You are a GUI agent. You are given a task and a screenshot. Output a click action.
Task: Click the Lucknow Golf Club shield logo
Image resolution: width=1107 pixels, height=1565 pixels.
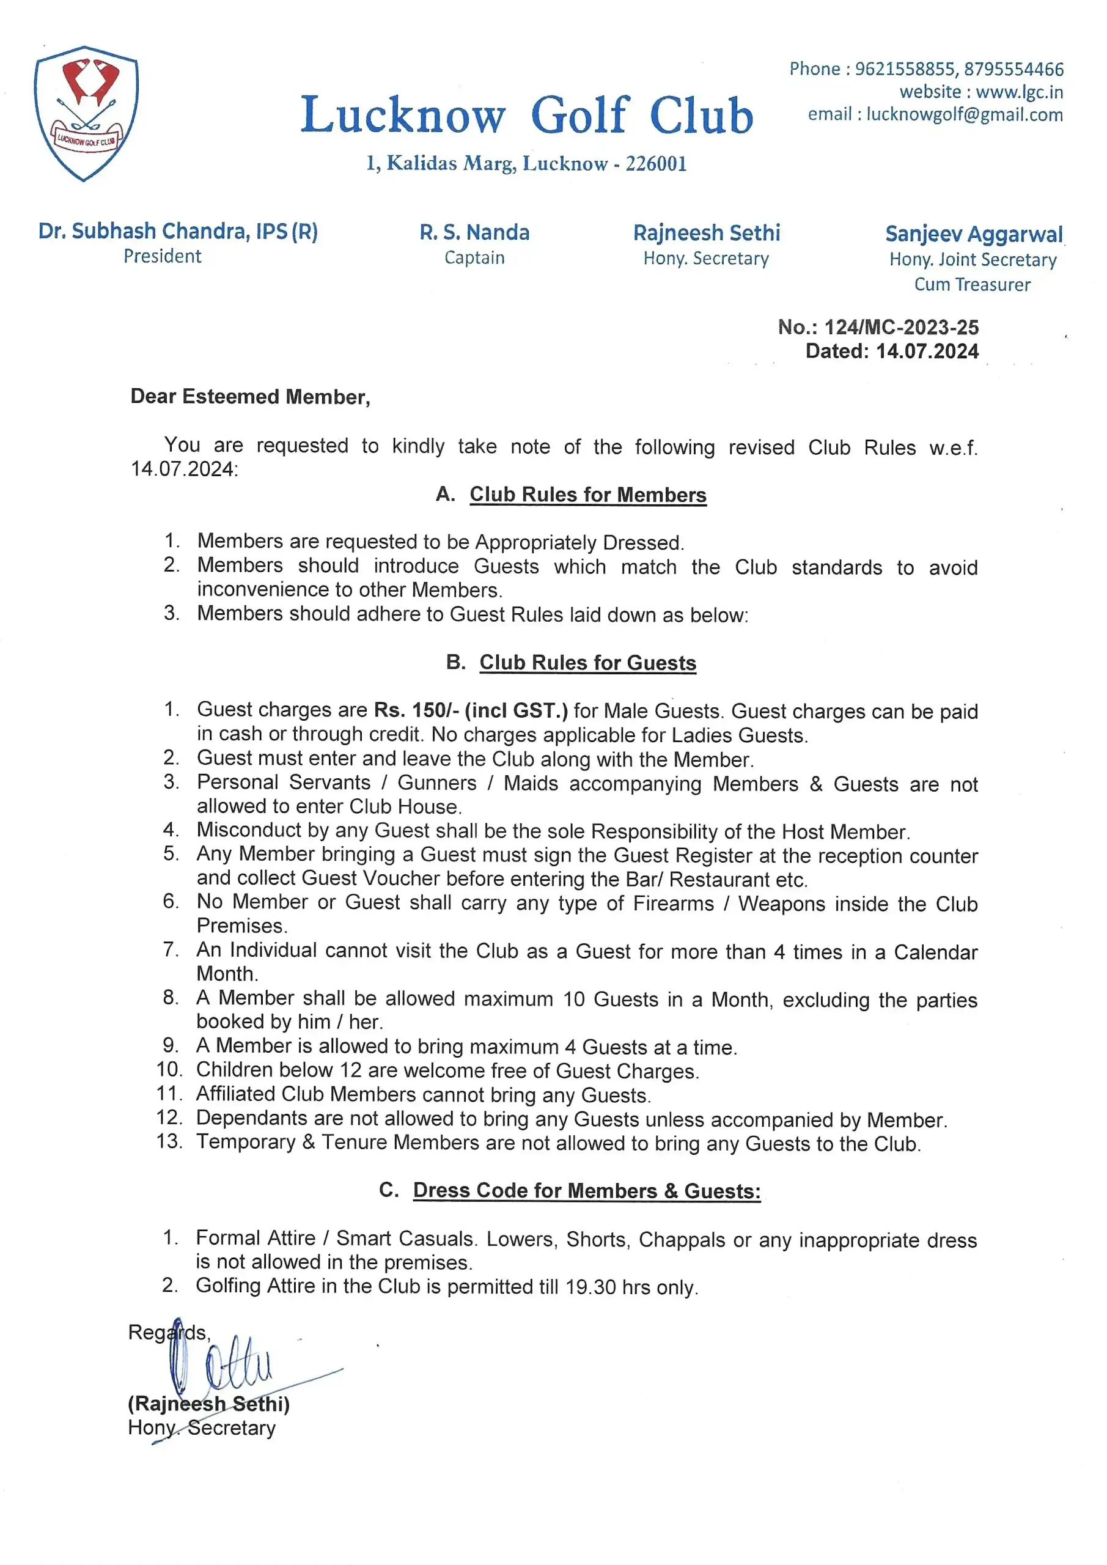coord(87,112)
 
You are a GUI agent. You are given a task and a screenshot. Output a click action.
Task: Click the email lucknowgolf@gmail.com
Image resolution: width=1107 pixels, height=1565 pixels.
coord(965,114)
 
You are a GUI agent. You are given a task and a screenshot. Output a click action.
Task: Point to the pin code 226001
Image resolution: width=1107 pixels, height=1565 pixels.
coord(656,164)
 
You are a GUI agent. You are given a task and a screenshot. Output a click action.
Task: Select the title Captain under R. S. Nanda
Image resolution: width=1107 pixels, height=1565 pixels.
coord(474,257)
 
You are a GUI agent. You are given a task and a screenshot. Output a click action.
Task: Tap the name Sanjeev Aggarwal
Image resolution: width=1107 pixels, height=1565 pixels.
coord(973,234)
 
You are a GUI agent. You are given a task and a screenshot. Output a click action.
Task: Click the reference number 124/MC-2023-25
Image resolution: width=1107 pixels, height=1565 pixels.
coord(901,327)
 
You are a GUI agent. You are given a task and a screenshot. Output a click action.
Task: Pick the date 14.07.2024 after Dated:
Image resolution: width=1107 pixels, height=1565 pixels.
coord(927,351)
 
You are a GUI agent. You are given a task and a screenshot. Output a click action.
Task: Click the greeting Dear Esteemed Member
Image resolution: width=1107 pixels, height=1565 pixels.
coord(249,397)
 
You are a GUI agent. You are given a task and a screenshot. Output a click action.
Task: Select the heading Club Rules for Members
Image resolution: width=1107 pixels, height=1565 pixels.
coord(587,494)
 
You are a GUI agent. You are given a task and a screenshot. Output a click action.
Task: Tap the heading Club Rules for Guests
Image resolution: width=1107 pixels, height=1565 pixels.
coord(587,663)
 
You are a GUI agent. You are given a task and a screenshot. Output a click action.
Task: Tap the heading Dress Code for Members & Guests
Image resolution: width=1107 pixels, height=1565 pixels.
coord(586,1191)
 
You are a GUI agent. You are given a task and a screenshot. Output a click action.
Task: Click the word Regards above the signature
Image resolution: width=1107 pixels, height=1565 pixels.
coord(167,1333)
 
